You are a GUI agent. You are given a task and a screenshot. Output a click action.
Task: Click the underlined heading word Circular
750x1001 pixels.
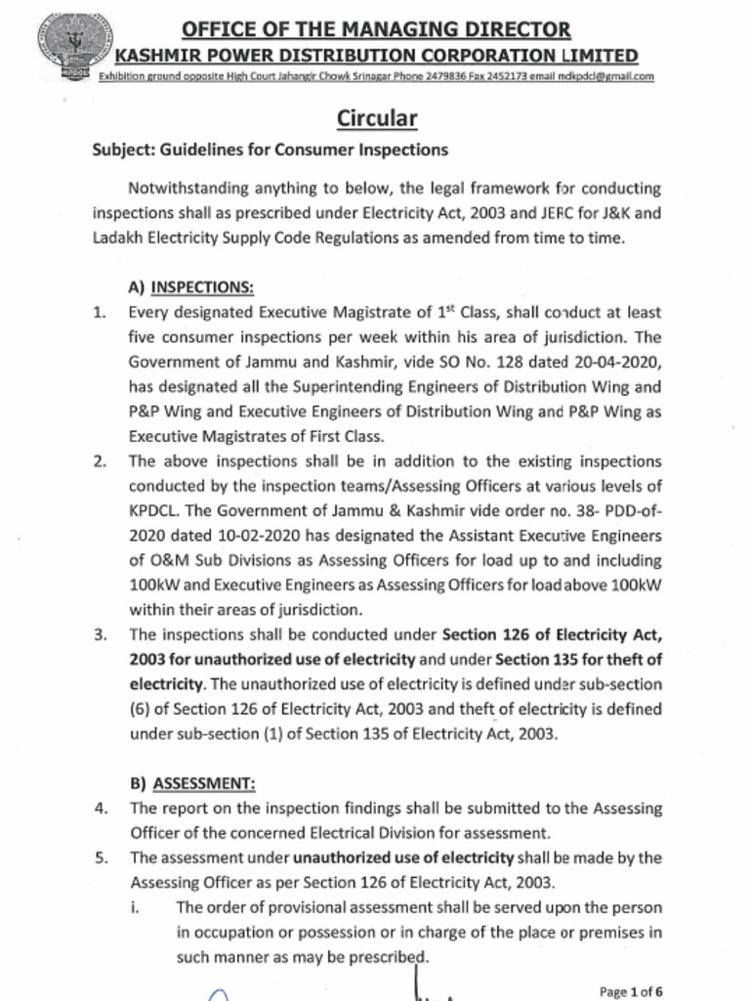(377, 119)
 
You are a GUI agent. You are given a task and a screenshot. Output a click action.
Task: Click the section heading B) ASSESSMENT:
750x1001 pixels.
(192, 783)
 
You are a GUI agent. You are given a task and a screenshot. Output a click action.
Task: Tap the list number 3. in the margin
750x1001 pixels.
(100, 634)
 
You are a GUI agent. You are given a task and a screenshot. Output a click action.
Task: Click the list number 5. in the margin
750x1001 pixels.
(100, 857)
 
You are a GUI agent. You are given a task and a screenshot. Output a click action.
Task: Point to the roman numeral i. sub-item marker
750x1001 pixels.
(135, 907)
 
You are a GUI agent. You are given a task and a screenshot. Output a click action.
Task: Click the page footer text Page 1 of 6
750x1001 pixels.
(631, 991)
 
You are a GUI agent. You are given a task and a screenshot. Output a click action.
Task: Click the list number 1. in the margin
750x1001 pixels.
(100, 313)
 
